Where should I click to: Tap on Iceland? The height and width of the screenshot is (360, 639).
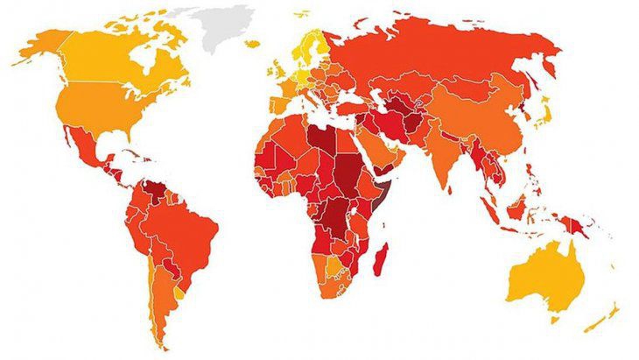coord(252,44)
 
